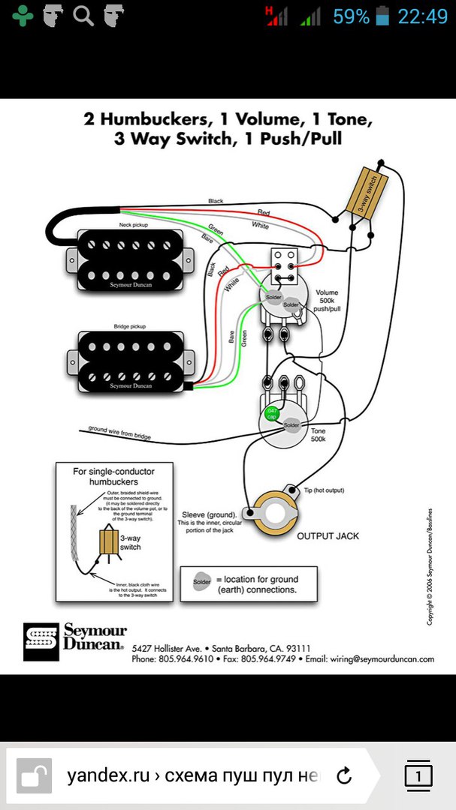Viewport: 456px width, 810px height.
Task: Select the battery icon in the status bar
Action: click(x=383, y=16)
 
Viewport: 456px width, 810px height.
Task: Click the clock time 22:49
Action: click(x=422, y=16)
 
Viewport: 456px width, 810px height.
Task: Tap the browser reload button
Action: click(x=344, y=775)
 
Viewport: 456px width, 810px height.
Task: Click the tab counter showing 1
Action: click(x=418, y=774)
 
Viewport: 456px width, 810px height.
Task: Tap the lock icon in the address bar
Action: click(x=33, y=775)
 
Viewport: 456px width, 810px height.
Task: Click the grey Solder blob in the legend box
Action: click(x=202, y=582)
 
